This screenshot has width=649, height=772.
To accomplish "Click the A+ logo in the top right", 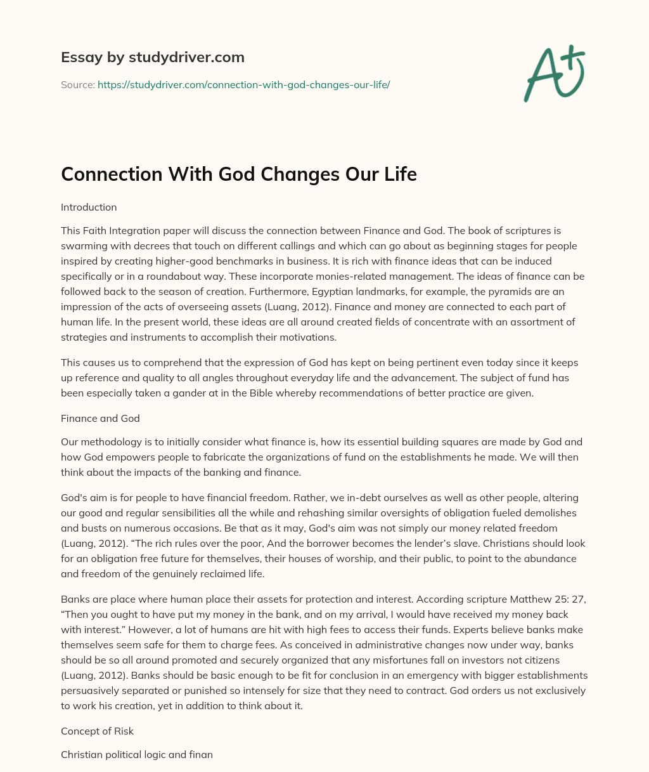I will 553,73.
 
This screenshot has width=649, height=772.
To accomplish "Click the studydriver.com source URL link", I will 243,84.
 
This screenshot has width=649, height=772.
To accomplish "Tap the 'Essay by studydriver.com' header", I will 152,57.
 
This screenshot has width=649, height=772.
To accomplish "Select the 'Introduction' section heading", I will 89,207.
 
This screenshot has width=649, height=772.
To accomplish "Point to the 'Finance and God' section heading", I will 100,418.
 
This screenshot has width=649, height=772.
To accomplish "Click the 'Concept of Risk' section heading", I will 97,731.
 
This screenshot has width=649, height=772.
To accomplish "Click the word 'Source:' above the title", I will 77,84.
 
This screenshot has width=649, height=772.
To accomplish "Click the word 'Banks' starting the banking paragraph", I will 74,599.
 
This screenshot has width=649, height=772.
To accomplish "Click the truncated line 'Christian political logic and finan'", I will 137,755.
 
